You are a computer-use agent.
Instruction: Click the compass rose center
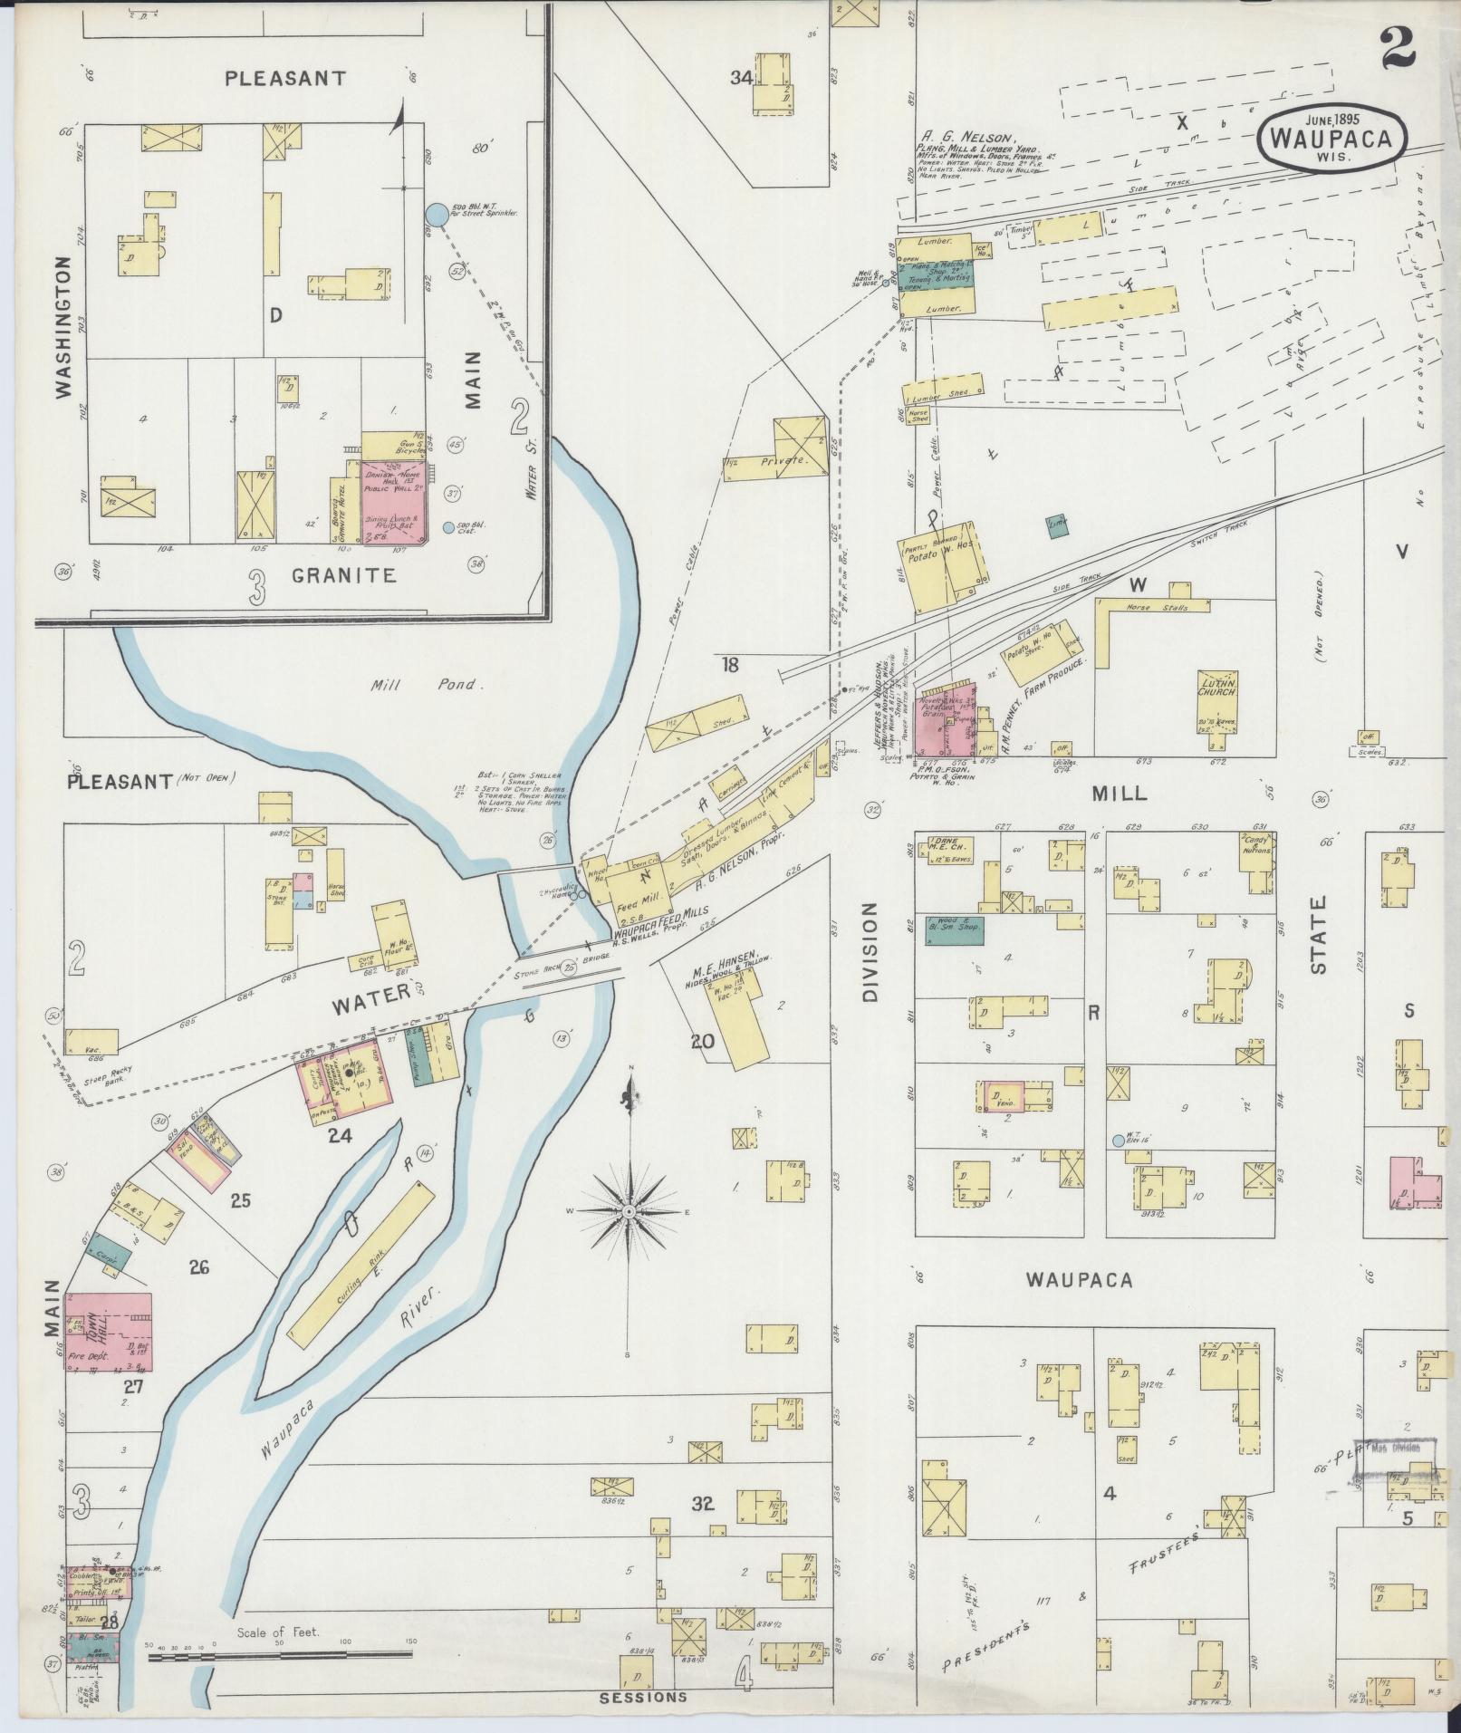click(x=628, y=1211)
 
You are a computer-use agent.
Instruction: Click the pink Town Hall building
click(x=108, y=1336)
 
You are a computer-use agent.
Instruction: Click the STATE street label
click(x=1318, y=934)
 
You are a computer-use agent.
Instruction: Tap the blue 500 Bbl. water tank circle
click(x=436, y=216)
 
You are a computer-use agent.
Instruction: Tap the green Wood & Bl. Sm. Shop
click(x=954, y=930)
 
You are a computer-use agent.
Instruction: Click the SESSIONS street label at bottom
click(x=642, y=1697)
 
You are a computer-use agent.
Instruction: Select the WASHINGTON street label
click(x=62, y=326)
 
